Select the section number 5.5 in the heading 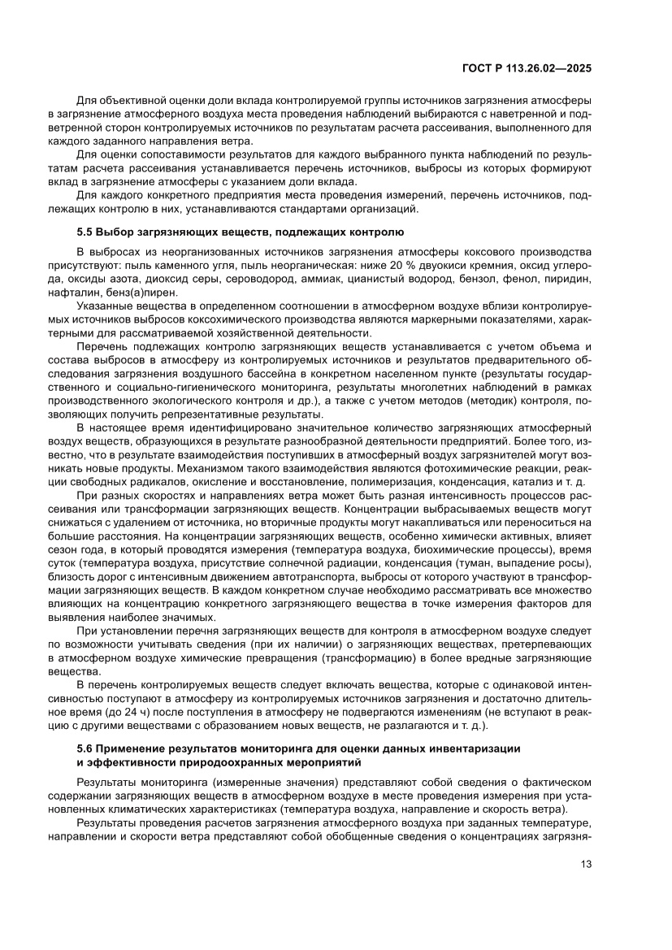click(x=86, y=232)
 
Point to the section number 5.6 click(x=86, y=746)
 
